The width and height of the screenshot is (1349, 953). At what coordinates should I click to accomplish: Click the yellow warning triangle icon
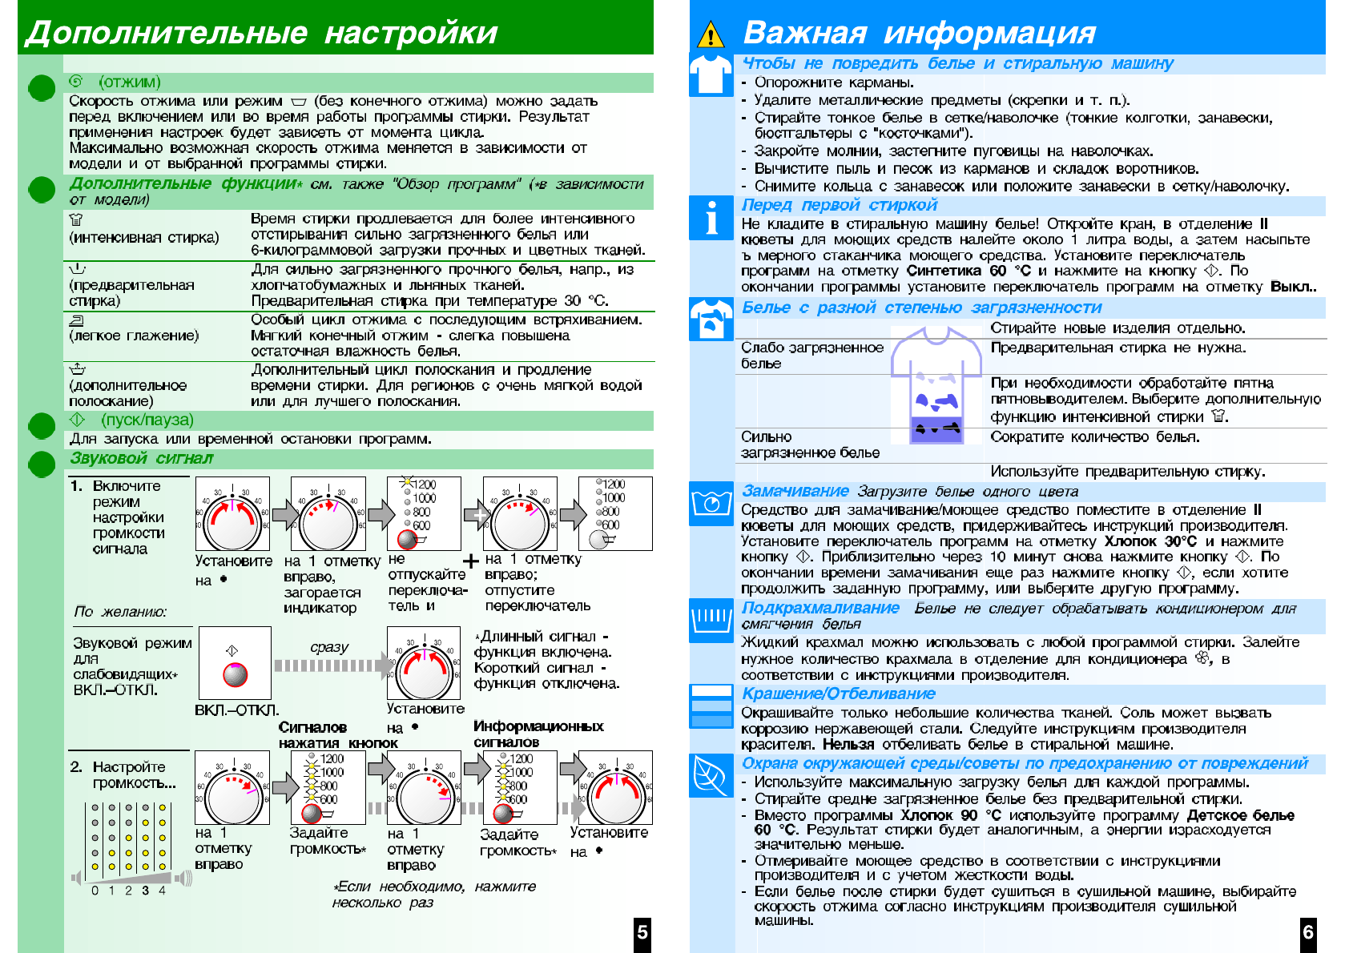pos(711,34)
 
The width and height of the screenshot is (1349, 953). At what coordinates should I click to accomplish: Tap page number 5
pos(642,932)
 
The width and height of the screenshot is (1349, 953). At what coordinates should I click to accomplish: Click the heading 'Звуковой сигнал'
pos(141,458)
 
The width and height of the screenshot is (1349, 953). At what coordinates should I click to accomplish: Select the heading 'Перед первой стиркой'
pos(839,205)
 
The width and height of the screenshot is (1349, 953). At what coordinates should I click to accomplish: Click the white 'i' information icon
pos(711,218)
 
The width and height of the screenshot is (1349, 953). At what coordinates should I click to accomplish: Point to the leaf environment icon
pos(711,775)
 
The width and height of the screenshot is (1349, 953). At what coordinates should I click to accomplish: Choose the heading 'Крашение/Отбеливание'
pos(838,694)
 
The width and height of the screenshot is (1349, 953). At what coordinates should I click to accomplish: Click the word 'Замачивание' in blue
pos(795,491)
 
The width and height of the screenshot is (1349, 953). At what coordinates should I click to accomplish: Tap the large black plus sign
pos(471,561)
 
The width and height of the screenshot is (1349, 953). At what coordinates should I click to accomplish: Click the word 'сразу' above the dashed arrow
pos(329,646)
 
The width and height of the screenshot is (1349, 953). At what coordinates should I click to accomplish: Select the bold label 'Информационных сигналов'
pos(538,734)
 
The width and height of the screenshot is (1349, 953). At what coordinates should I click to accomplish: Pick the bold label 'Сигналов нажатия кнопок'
pos(338,734)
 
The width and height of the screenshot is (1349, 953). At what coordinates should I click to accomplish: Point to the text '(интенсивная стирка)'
pos(144,237)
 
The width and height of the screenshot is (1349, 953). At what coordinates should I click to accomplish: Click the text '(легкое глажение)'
pos(134,336)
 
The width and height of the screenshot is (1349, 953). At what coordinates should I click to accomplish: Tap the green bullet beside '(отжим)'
pos(42,87)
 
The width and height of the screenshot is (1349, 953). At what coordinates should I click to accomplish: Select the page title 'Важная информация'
pos(919,33)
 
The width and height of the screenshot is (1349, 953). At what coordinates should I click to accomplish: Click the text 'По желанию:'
pos(120,611)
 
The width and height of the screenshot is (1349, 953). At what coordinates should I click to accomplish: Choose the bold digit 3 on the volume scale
pos(145,890)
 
